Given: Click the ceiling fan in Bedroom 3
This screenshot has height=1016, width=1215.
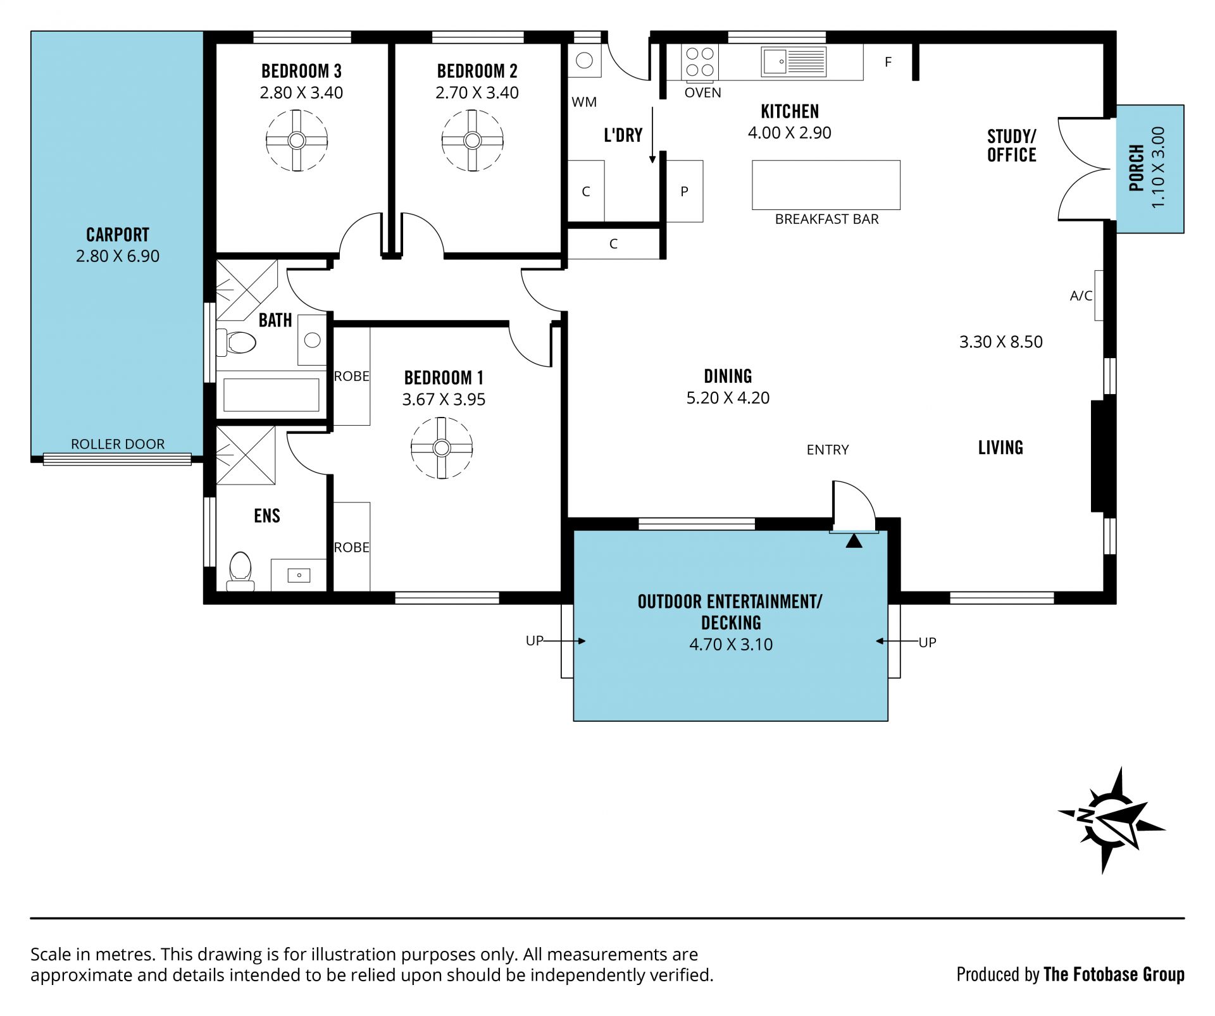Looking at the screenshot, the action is click(x=297, y=140).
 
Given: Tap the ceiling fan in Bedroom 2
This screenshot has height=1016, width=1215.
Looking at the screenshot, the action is click(x=472, y=140).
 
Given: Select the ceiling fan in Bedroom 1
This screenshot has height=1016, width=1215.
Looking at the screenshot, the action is click(x=442, y=448).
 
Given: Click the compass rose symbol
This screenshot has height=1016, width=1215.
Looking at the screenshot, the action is click(x=1111, y=820).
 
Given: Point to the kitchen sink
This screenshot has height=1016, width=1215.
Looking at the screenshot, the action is click(x=794, y=62).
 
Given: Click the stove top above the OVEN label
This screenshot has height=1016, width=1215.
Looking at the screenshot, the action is click(x=700, y=62).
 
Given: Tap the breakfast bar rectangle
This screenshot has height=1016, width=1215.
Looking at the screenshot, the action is click(x=826, y=185).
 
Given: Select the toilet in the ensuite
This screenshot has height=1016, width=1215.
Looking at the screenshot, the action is click(x=240, y=569).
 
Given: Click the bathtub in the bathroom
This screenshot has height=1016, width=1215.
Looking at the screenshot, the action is click(x=271, y=395).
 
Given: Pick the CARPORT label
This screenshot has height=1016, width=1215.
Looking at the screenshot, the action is click(x=118, y=235).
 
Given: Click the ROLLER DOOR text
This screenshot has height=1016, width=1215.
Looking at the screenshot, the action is click(x=118, y=444).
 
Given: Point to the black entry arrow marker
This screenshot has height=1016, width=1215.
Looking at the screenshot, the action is click(x=854, y=541).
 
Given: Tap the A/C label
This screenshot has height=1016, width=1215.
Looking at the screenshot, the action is click(x=1081, y=295).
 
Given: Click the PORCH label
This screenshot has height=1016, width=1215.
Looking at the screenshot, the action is click(x=1137, y=168).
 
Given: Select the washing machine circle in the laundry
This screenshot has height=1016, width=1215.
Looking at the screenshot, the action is click(x=585, y=61).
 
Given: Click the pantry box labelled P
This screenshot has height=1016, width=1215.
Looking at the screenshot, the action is click(x=684, y=191).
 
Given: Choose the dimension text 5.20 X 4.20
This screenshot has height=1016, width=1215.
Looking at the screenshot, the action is click(x=728, y=398).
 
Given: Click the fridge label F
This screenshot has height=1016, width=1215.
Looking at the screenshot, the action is click(x=888, y=62).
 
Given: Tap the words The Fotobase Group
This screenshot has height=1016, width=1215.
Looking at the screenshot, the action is click(x=1114, y=974).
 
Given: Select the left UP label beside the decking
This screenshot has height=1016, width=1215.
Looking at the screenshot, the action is click(x=535, y=641).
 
